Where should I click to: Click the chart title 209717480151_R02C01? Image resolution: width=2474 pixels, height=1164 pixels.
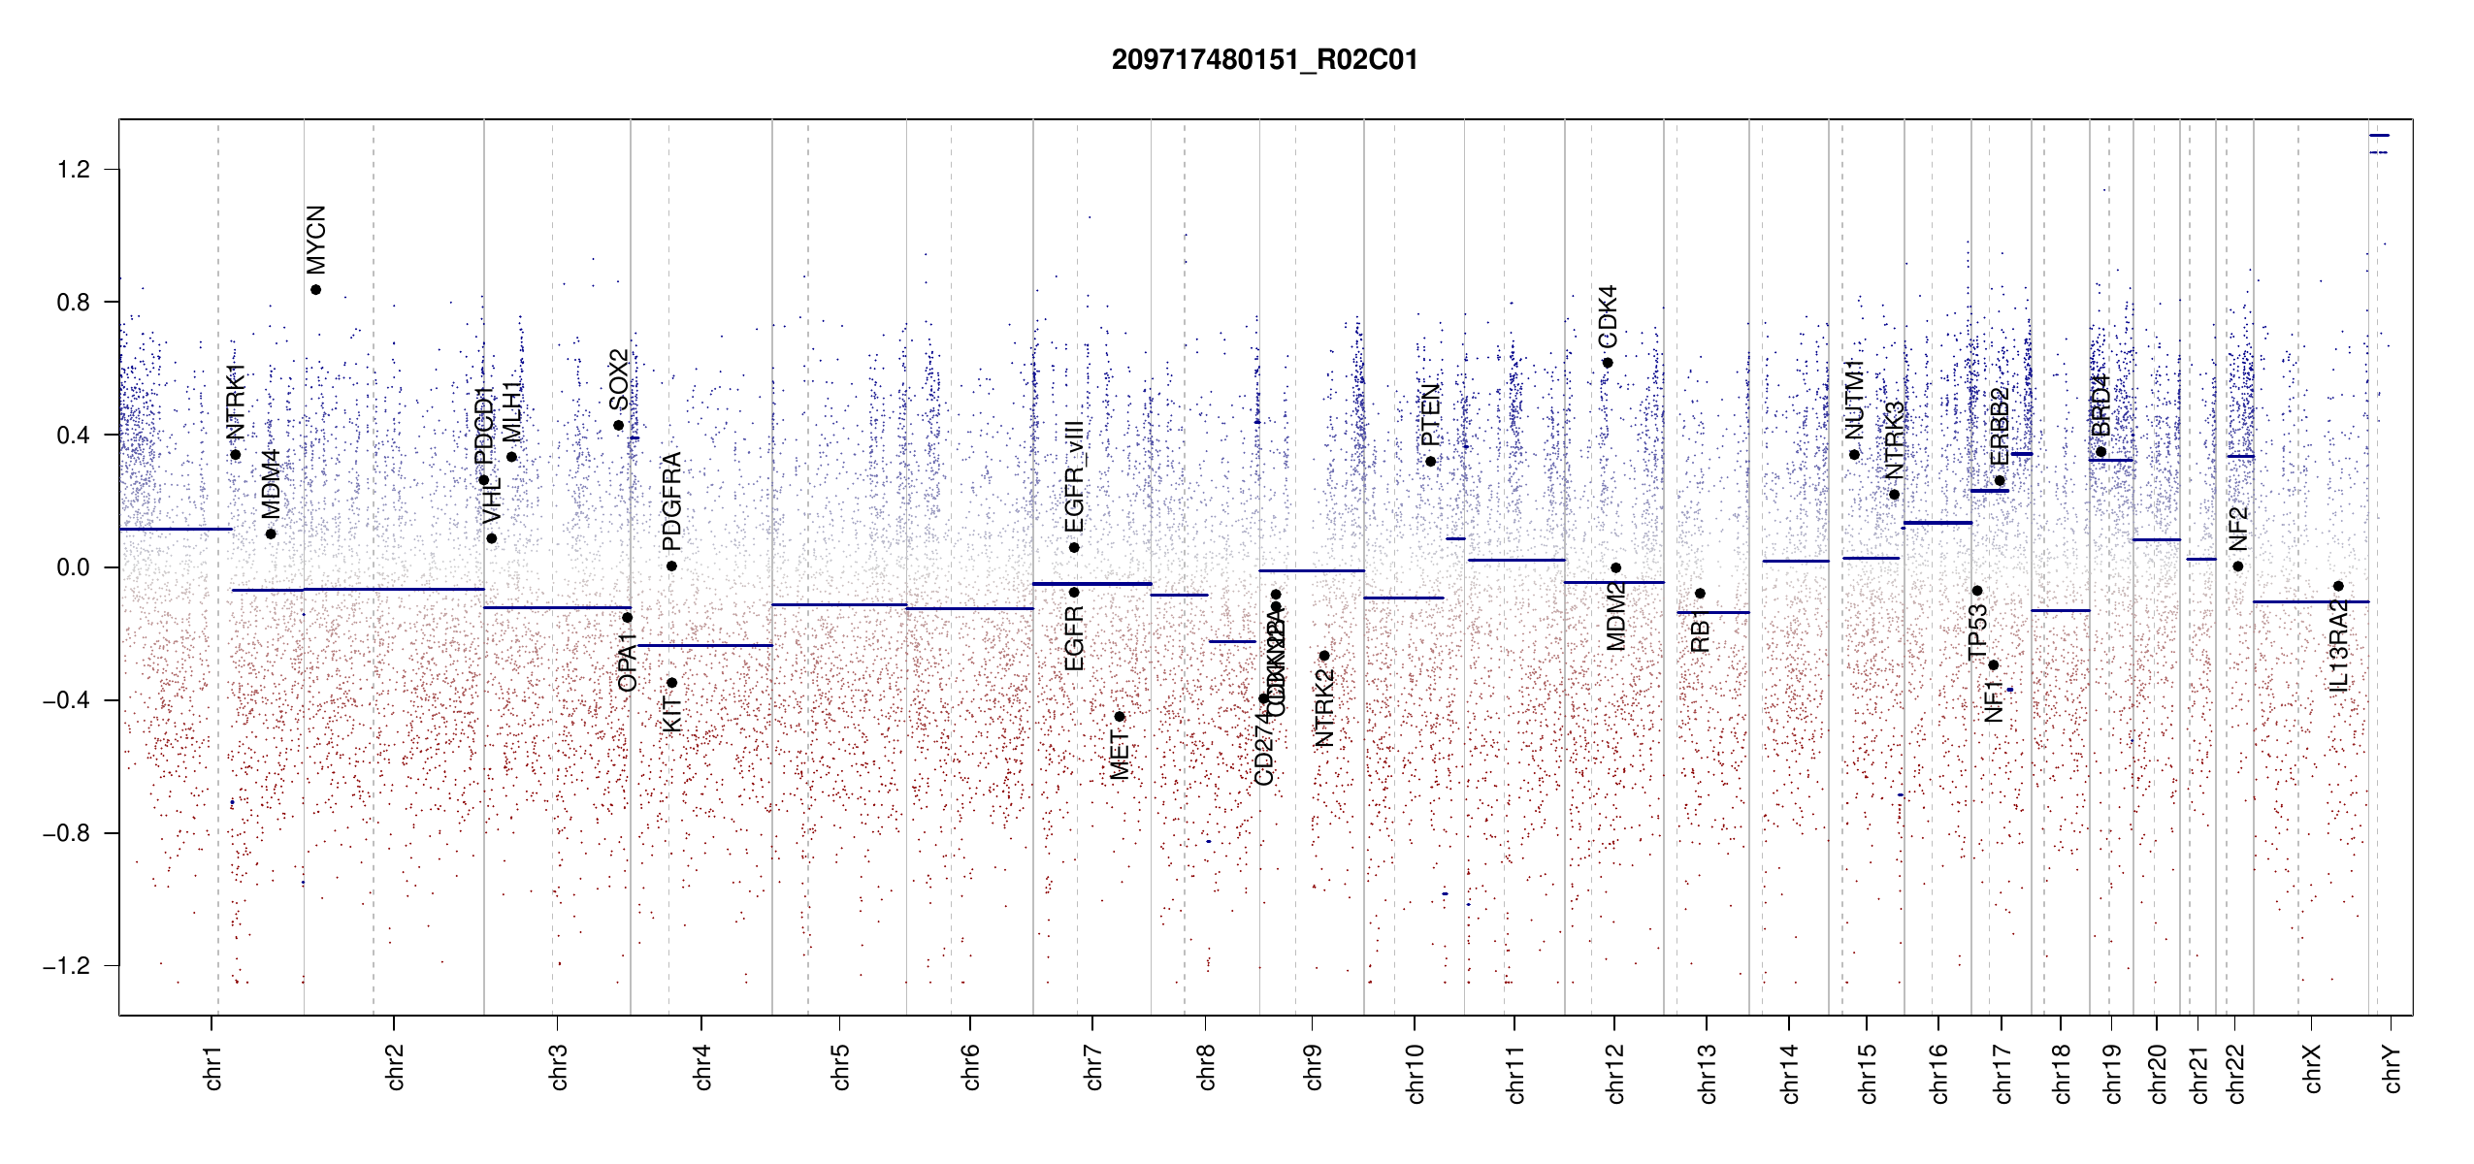pyautogui.click(x=1264, y=60)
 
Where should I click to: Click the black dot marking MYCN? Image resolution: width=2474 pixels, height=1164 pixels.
pyautogui.click(x=315, y=290)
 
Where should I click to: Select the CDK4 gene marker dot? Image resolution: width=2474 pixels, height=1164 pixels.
pyautogui.click(x=1608, y=363)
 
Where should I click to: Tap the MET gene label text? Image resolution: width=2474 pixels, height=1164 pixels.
pyautogui.click(x=1120, y=756)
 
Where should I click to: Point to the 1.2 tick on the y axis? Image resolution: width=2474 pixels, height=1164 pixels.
pyautogui.click(x=73, y=170)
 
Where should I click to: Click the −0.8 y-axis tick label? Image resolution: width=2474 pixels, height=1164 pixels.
pyautogui.click(x=66, y=833)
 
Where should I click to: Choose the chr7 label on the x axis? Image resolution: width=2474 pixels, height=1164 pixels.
pyautogui.click(x=1093, y=1068)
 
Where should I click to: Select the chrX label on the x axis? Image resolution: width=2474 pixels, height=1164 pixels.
pyautogui.click(x=2312, y=1068)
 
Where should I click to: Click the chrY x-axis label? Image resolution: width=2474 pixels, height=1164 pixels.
pyautogui.click(x=2393, y=1068)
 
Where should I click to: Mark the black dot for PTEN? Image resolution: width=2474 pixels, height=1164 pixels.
pyautogui.click(x=1430, y=462)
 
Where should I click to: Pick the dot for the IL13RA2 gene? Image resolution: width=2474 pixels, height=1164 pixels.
pyautogui.click(x=2338, y=586)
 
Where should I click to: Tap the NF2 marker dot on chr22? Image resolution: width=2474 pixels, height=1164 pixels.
pyautogui.click(x=2237, y=566)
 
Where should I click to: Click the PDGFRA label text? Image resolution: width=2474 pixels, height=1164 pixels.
pyautogui.click(x=671, y=501)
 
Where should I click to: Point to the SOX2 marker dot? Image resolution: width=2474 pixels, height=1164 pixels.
pyautogui.click(x=618, y=426)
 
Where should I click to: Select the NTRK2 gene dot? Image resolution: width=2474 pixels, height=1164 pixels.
pyautogui.click(x=1324, y=656)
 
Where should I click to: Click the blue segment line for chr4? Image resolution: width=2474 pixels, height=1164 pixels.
pyautogui.click(x=703, y=645)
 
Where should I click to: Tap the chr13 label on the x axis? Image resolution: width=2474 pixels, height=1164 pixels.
pyautogui.click(x=1707, y=1073)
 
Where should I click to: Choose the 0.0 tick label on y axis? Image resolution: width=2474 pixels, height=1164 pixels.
pyautogui.click(x=73, y=567)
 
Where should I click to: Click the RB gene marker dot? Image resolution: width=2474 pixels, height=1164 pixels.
pyautogui.click(x=1700, y=594)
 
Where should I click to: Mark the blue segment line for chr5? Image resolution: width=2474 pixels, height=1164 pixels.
pyautogui.click(x=839, y=604)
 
